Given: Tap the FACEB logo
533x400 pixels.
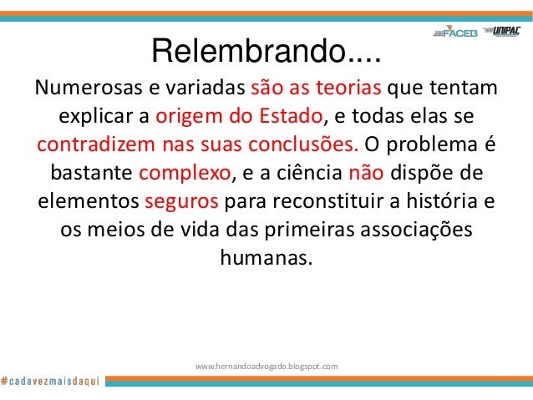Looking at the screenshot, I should pos(458,32).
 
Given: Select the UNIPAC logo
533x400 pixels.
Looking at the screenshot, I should pos(507,32).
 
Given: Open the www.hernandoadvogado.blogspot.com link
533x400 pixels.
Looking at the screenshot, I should pos(266,366).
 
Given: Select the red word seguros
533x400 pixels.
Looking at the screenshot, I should pos(182,202).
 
